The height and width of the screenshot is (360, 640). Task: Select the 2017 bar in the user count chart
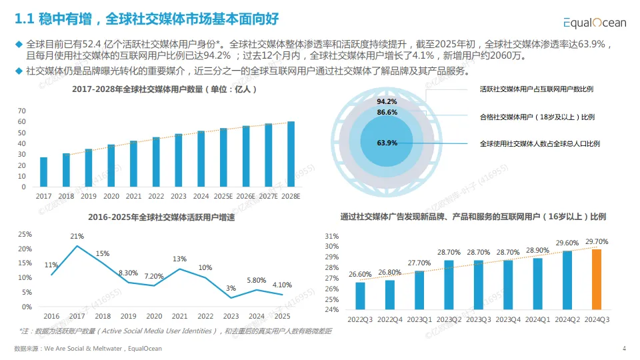(44, 172)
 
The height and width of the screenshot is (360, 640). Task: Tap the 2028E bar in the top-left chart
(291, 154)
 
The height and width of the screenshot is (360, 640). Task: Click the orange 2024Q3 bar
(597, 279)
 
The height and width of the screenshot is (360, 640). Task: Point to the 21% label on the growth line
(77, 237)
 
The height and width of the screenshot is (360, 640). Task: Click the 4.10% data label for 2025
(282, 285)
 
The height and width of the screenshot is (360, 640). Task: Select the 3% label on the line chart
(231, 288)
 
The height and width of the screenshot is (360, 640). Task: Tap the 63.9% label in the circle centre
(387, 143)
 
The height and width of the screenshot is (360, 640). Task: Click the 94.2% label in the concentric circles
(387, 102)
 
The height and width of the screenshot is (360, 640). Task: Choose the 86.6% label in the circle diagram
(387, 113)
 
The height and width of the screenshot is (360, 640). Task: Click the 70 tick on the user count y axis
(21, 111)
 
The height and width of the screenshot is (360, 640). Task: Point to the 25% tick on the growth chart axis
(24, 235)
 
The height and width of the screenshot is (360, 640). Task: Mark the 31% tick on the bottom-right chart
(331, 236)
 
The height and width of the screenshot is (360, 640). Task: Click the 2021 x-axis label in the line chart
(179, 316)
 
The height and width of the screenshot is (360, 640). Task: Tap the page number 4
(624, 348)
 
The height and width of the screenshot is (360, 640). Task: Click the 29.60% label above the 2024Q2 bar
(567, 243)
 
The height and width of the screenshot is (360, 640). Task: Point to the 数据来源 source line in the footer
(87, 348)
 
